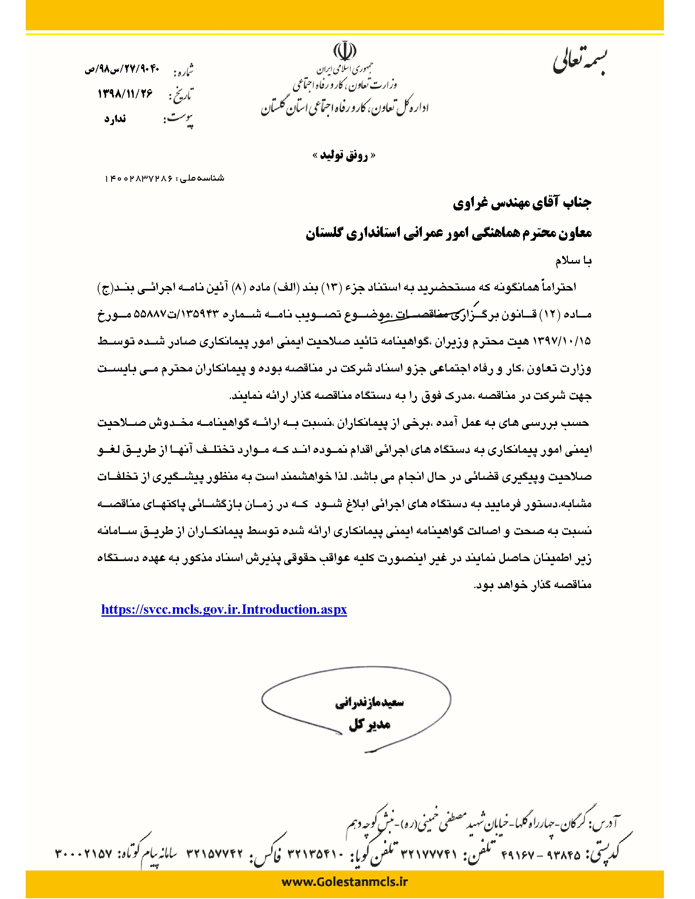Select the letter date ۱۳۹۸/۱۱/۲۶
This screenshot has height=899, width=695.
click(125, 94)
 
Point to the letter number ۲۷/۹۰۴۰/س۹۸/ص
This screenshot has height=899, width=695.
click(121, 69)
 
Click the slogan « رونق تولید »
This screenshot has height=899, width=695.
click(344, 155)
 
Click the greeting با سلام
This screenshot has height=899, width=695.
click(573, 261)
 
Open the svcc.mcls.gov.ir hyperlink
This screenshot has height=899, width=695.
click(224, 610)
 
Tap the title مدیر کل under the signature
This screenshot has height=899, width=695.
click(369, 725)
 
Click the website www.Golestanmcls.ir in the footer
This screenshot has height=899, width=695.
click(345, 882)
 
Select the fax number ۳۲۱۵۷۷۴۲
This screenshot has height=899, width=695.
click(215, 854)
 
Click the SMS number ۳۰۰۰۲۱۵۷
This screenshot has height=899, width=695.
click(83, 854)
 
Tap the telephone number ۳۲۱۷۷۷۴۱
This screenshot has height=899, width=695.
click(428, 854)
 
